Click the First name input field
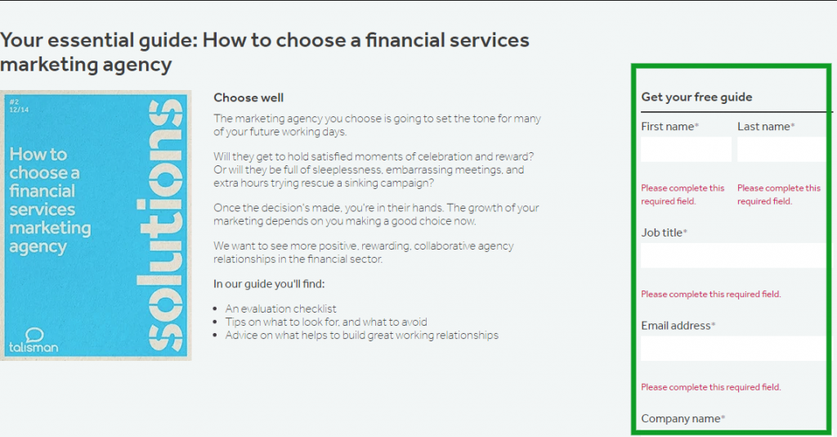coord(686,149)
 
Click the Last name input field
coord(781,149)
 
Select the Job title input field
coord(733,255)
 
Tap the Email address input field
coord(733,349)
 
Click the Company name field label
coord(683,419)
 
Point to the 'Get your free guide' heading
coord(696,97)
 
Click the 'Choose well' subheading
coord(248,97)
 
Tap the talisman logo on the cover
coord(34,340)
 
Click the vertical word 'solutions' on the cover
coord(159,224)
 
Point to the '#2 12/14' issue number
coord(19,106)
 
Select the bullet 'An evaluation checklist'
coord(281,309)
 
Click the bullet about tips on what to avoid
coord(326,322)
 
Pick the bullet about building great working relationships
coord(362,336)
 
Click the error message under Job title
coord(711,295)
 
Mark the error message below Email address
coord(711,387)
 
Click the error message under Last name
coord(779,195)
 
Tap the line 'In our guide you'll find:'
coord(269,284)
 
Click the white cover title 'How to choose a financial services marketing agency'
coord(50,200)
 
